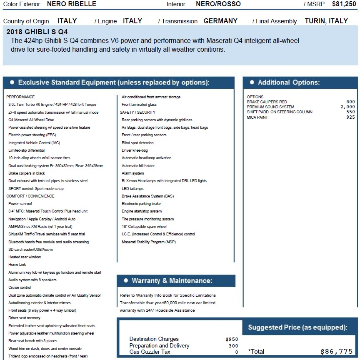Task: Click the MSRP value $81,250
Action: coord(344,4)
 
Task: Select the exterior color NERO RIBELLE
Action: coord(72,4)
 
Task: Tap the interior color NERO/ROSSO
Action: coord(218,4)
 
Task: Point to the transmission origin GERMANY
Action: coord(220,21)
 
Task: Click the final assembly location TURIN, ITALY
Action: coord(326,21)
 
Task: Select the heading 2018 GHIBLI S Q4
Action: coord(37,32)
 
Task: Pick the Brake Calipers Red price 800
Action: coord(350,102)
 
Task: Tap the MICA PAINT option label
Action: coord(257,117)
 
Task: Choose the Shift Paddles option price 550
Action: coord(350,112)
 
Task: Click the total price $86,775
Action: coord(336,351)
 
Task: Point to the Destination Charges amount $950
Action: coord(232,339)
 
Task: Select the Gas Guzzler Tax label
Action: coord(150,352)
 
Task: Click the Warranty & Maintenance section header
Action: coord(172,281)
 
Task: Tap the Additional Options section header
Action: coord(288,82)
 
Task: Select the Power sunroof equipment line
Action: coord(20,204)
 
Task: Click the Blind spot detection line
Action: coord(137,143)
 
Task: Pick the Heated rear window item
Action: coord(25,257)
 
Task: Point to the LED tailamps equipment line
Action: coord(132,189)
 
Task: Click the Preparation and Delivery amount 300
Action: coord(233,346)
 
